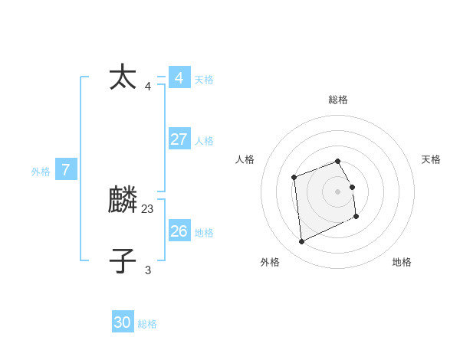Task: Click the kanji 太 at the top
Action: [x=123, y=78]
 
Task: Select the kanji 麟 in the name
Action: [x=123, y=201]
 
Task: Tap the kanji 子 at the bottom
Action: [x=123, y=260]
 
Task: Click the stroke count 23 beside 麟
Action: [x=148, y=208]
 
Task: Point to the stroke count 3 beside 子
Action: [x=148, y=270]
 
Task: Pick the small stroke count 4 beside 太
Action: [x=148, y=86]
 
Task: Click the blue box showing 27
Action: [x=179, y=139]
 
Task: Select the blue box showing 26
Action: [x=179, y=231]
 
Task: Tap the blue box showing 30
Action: [x=123, y=322]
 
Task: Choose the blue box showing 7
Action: [x=66, y=170]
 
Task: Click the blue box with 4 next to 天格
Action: [x=179, y=78]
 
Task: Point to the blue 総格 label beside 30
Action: [x=147, y=324]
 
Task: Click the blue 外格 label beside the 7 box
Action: [x=41, y=172]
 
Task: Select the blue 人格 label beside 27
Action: [x=204, y=141]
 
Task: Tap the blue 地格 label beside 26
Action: [x=204, y=233]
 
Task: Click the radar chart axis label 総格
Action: [x=338, y=100]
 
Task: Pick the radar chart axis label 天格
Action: [x=431, y=159]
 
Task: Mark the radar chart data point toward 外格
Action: [x=301, y=242]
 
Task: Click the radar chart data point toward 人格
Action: [x=294, y=178]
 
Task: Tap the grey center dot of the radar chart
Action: [x=338, y=191]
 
